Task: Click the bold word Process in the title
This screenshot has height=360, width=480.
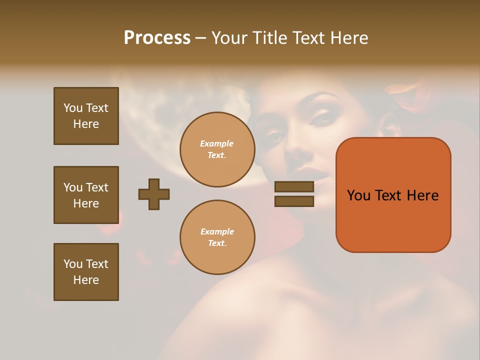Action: (157, 38)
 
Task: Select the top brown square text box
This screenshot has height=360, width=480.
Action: (86, 116)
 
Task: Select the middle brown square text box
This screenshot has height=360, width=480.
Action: (86, 195)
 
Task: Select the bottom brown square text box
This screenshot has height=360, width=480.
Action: (86, 272)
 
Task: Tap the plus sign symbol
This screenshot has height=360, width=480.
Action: (154, 194)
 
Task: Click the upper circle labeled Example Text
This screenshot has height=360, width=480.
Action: (217, 149)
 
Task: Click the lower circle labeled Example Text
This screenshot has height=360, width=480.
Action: (217, 237)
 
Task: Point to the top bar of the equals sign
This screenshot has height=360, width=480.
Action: (294, 187)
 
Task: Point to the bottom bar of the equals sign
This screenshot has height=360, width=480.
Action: (294, 201)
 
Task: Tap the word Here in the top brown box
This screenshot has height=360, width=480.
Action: (86, 124)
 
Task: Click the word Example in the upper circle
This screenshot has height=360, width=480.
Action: (217, 144)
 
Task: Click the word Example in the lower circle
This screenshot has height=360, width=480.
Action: (217, 232)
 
